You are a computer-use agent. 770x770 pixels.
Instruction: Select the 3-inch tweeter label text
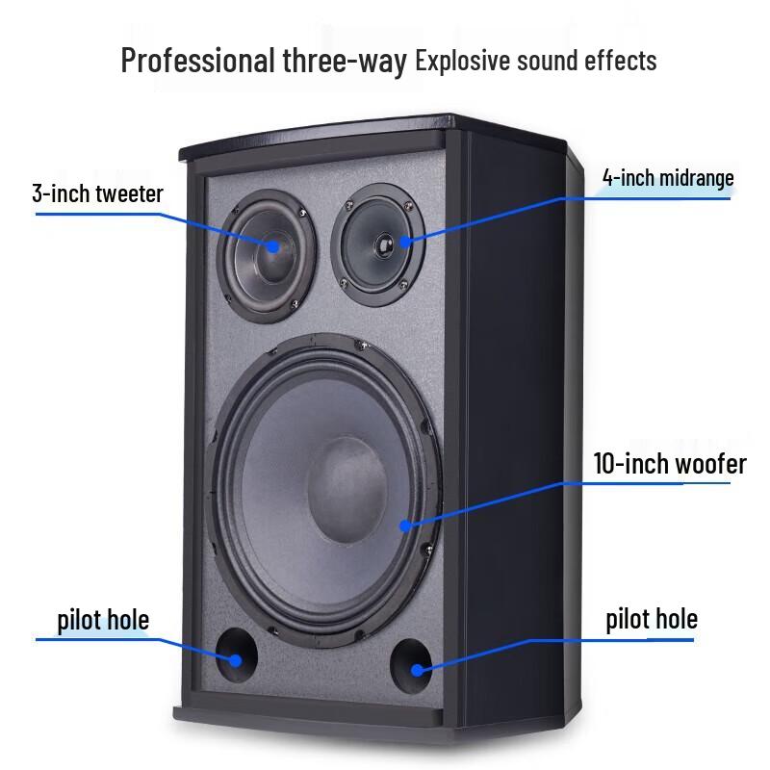97,192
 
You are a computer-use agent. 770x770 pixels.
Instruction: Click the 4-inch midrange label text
668,178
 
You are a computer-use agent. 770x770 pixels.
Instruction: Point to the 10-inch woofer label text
670,464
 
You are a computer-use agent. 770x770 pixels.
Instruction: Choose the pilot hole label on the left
93,619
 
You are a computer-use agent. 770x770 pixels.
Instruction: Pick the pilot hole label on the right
652,618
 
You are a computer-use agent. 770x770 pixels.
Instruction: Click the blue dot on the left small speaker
272,246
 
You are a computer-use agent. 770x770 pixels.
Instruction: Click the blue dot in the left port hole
235,660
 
